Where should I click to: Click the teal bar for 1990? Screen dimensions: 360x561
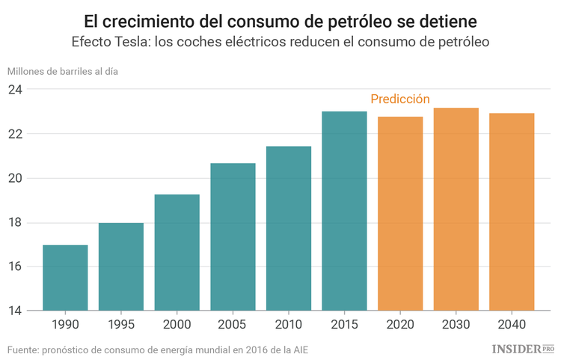tap(65, 278)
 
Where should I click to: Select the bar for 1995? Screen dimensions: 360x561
tap(121, 266)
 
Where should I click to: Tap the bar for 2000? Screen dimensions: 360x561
tap(177, 252)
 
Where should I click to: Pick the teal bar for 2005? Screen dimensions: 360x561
tap(233, 237)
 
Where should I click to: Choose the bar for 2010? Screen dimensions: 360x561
tap(289, 228)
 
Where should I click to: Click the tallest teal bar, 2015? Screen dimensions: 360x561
tap(344, 211)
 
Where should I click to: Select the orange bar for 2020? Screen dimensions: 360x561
tap(400, 213)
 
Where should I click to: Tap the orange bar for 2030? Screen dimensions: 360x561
tap(456, 209)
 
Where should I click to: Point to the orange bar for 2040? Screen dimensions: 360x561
tap(512, 212)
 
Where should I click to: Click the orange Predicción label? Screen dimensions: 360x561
tap(400, 99)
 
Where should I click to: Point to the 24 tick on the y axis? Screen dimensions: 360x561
tap(15, 90)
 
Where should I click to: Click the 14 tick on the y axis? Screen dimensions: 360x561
tap(15, 311)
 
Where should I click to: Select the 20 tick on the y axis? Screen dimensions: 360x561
tap(15, 178)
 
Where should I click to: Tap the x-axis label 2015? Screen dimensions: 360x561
tap(344, 326)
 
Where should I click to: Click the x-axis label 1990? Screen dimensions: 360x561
tap(65, 326)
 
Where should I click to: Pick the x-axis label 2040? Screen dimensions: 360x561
tap(512, 326)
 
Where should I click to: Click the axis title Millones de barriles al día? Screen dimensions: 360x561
tap(63, 71)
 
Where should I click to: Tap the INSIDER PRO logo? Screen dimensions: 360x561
tap(523, 350)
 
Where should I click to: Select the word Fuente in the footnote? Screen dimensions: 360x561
tap(23, 350)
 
